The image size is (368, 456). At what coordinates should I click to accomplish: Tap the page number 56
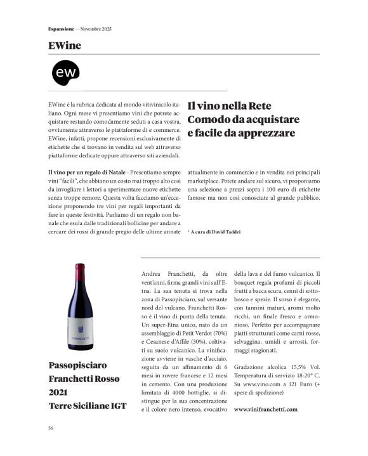51,428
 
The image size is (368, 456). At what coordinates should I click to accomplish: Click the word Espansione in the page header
63,29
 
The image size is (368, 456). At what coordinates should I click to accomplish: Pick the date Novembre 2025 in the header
96,29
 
